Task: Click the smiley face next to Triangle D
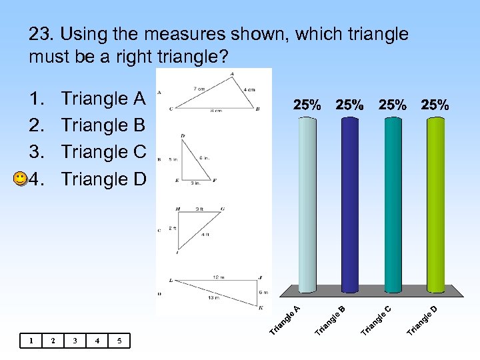click(21, 179)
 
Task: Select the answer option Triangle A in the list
click(103, 99)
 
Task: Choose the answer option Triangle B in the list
click(103, 125)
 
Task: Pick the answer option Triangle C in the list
click(103, 152)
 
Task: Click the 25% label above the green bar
click(435, 105)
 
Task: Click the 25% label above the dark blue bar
click(350, 105)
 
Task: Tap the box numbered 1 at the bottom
click(31, 341)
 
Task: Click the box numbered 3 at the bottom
click(75, 341)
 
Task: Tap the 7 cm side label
click(199, 89)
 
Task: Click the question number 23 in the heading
click(39, 34)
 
